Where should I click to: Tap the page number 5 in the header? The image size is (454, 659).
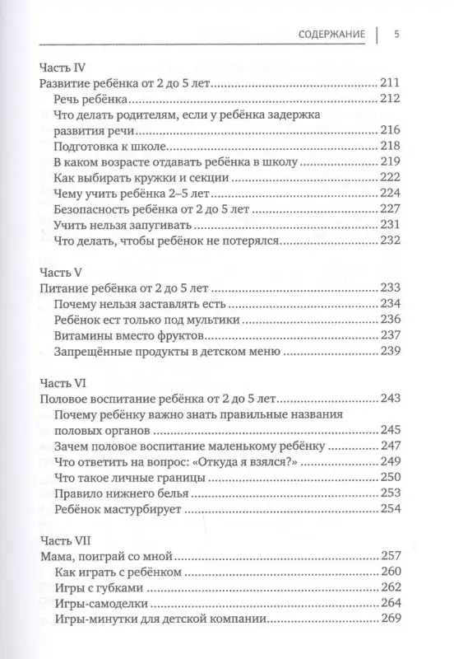tap(396, 35)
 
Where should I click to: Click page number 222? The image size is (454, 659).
tap(391, 177)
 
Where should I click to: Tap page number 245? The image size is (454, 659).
tap(391, 429)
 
